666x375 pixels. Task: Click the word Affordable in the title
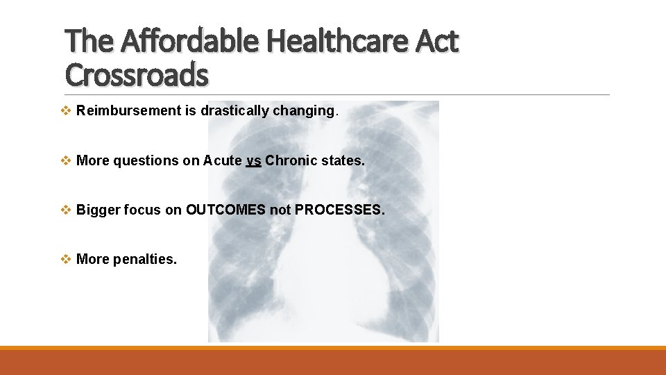click(x=188, y=42)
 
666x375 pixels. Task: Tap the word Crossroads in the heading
click(x=136, y=75)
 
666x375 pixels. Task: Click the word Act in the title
click(x=436, y=42)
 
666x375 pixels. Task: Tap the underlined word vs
click(x=253, y=160)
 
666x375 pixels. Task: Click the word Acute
click(x=221, y=160)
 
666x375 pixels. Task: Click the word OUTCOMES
click(x=225, y=210)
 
